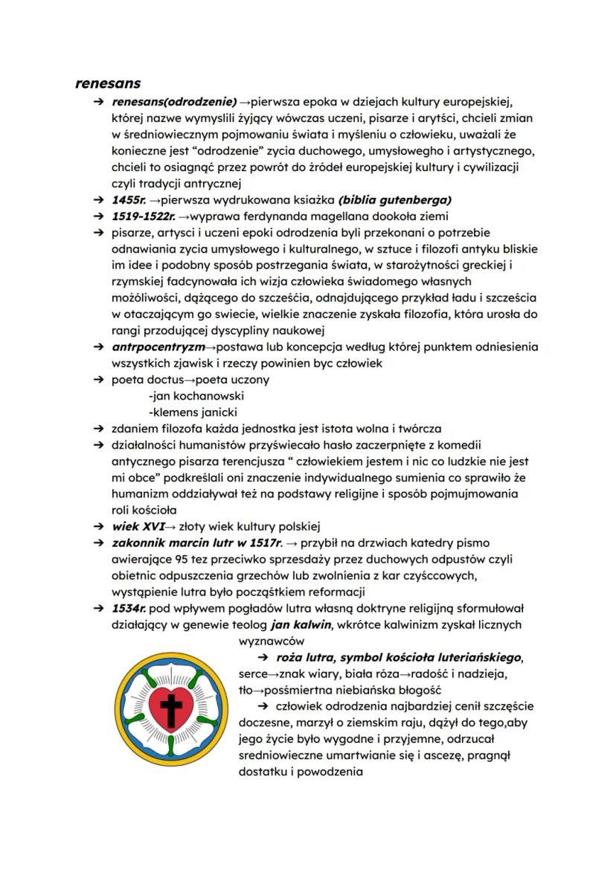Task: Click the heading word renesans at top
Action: click(108, 83)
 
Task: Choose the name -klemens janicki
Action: click(193, 412)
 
